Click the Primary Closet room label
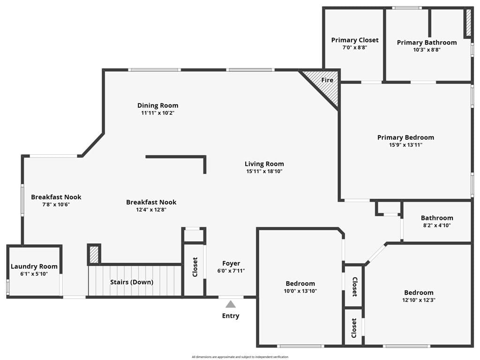[355, 40]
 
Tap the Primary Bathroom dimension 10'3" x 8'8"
[427, 50]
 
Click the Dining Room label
[157, 105]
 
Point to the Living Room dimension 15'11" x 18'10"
[264, 172]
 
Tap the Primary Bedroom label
[405, 137]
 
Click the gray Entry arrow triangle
[231, 304]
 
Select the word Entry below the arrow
[231, 316]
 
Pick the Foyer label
[231, 263]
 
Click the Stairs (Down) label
[132, 282]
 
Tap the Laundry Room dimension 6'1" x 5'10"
[34, 274]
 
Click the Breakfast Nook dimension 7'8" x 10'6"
[56, 204]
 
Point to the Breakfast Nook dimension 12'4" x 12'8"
[151, 210]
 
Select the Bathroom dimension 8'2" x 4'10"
[437, 225]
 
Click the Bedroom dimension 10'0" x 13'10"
[300, 291]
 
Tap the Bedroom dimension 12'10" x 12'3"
[419, 300]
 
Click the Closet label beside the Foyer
[195, 267]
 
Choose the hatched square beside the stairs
[94, 254]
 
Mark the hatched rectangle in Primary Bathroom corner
[468, 22]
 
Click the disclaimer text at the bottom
[240, 357]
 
